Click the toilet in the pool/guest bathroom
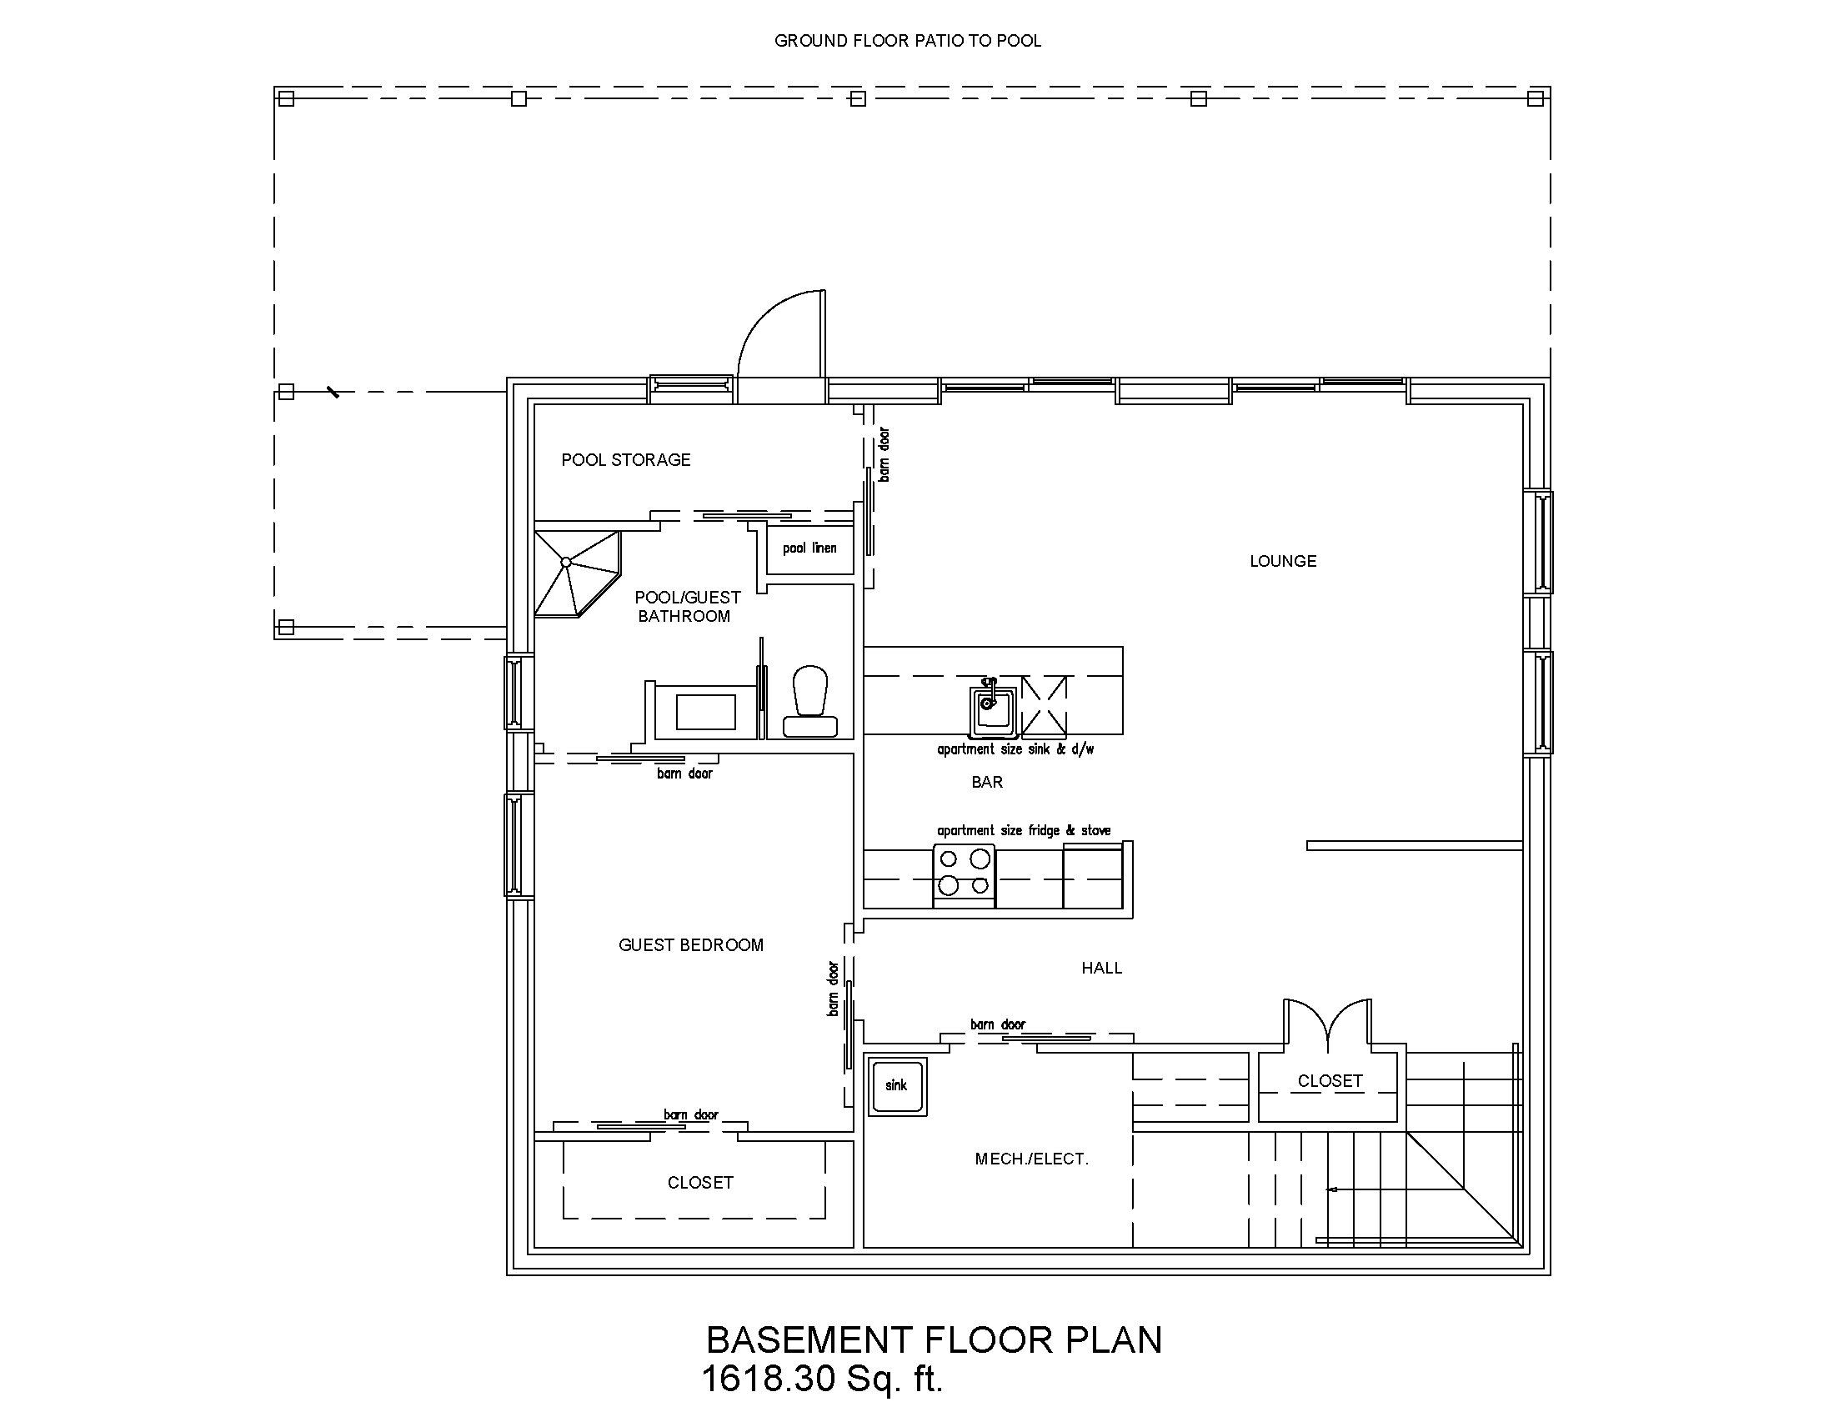810,702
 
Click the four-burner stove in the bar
964,873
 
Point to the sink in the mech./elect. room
897,1085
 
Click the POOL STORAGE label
625,460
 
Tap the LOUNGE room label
1282,561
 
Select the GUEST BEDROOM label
690,945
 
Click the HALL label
1101,968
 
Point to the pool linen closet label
809,548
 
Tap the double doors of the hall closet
1328,1024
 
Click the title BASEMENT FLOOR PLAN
934,1339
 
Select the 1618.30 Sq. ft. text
822,1379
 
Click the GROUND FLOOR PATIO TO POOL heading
907,41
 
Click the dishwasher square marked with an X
1044,704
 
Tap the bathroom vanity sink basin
705,712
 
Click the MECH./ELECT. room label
1031,1159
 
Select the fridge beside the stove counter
1093,877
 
